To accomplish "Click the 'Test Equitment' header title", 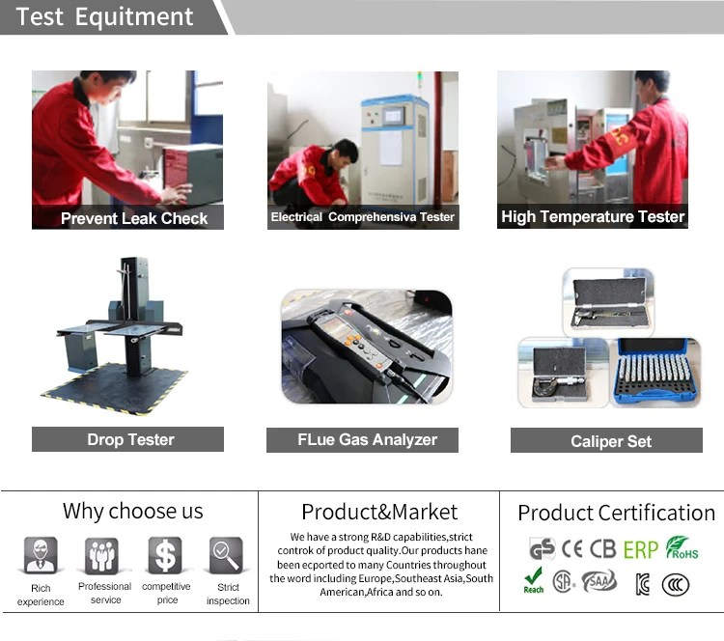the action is (104, 17).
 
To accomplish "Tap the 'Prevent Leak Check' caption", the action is (134, 218).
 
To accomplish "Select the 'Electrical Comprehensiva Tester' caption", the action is (362, 217).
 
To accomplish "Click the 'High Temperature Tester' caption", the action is (593, 216).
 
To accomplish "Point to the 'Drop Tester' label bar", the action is (127, 439).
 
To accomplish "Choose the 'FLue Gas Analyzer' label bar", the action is (362, 439).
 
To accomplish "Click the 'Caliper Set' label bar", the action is (606, 440).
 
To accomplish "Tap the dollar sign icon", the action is (165, 555).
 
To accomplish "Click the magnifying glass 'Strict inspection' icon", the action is (226, 555).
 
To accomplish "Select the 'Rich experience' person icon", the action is (41, 555).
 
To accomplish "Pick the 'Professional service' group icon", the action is (101, 555).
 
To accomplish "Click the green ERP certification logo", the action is (640, 549).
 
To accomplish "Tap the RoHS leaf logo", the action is (682, 547).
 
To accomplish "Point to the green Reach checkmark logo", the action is (533, 580).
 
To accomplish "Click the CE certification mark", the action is (571, 548).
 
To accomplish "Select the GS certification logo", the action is (542, 549).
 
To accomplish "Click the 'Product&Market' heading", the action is (379, 513).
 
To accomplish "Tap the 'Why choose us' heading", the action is (133, 512).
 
